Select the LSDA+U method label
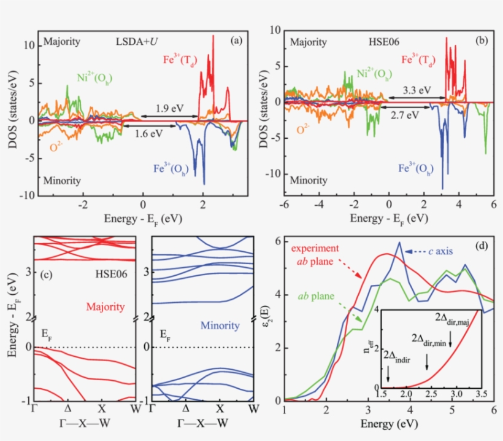tap(139, 42)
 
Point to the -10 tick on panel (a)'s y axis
tap(25, 195)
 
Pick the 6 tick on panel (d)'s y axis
tap(277, 241)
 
